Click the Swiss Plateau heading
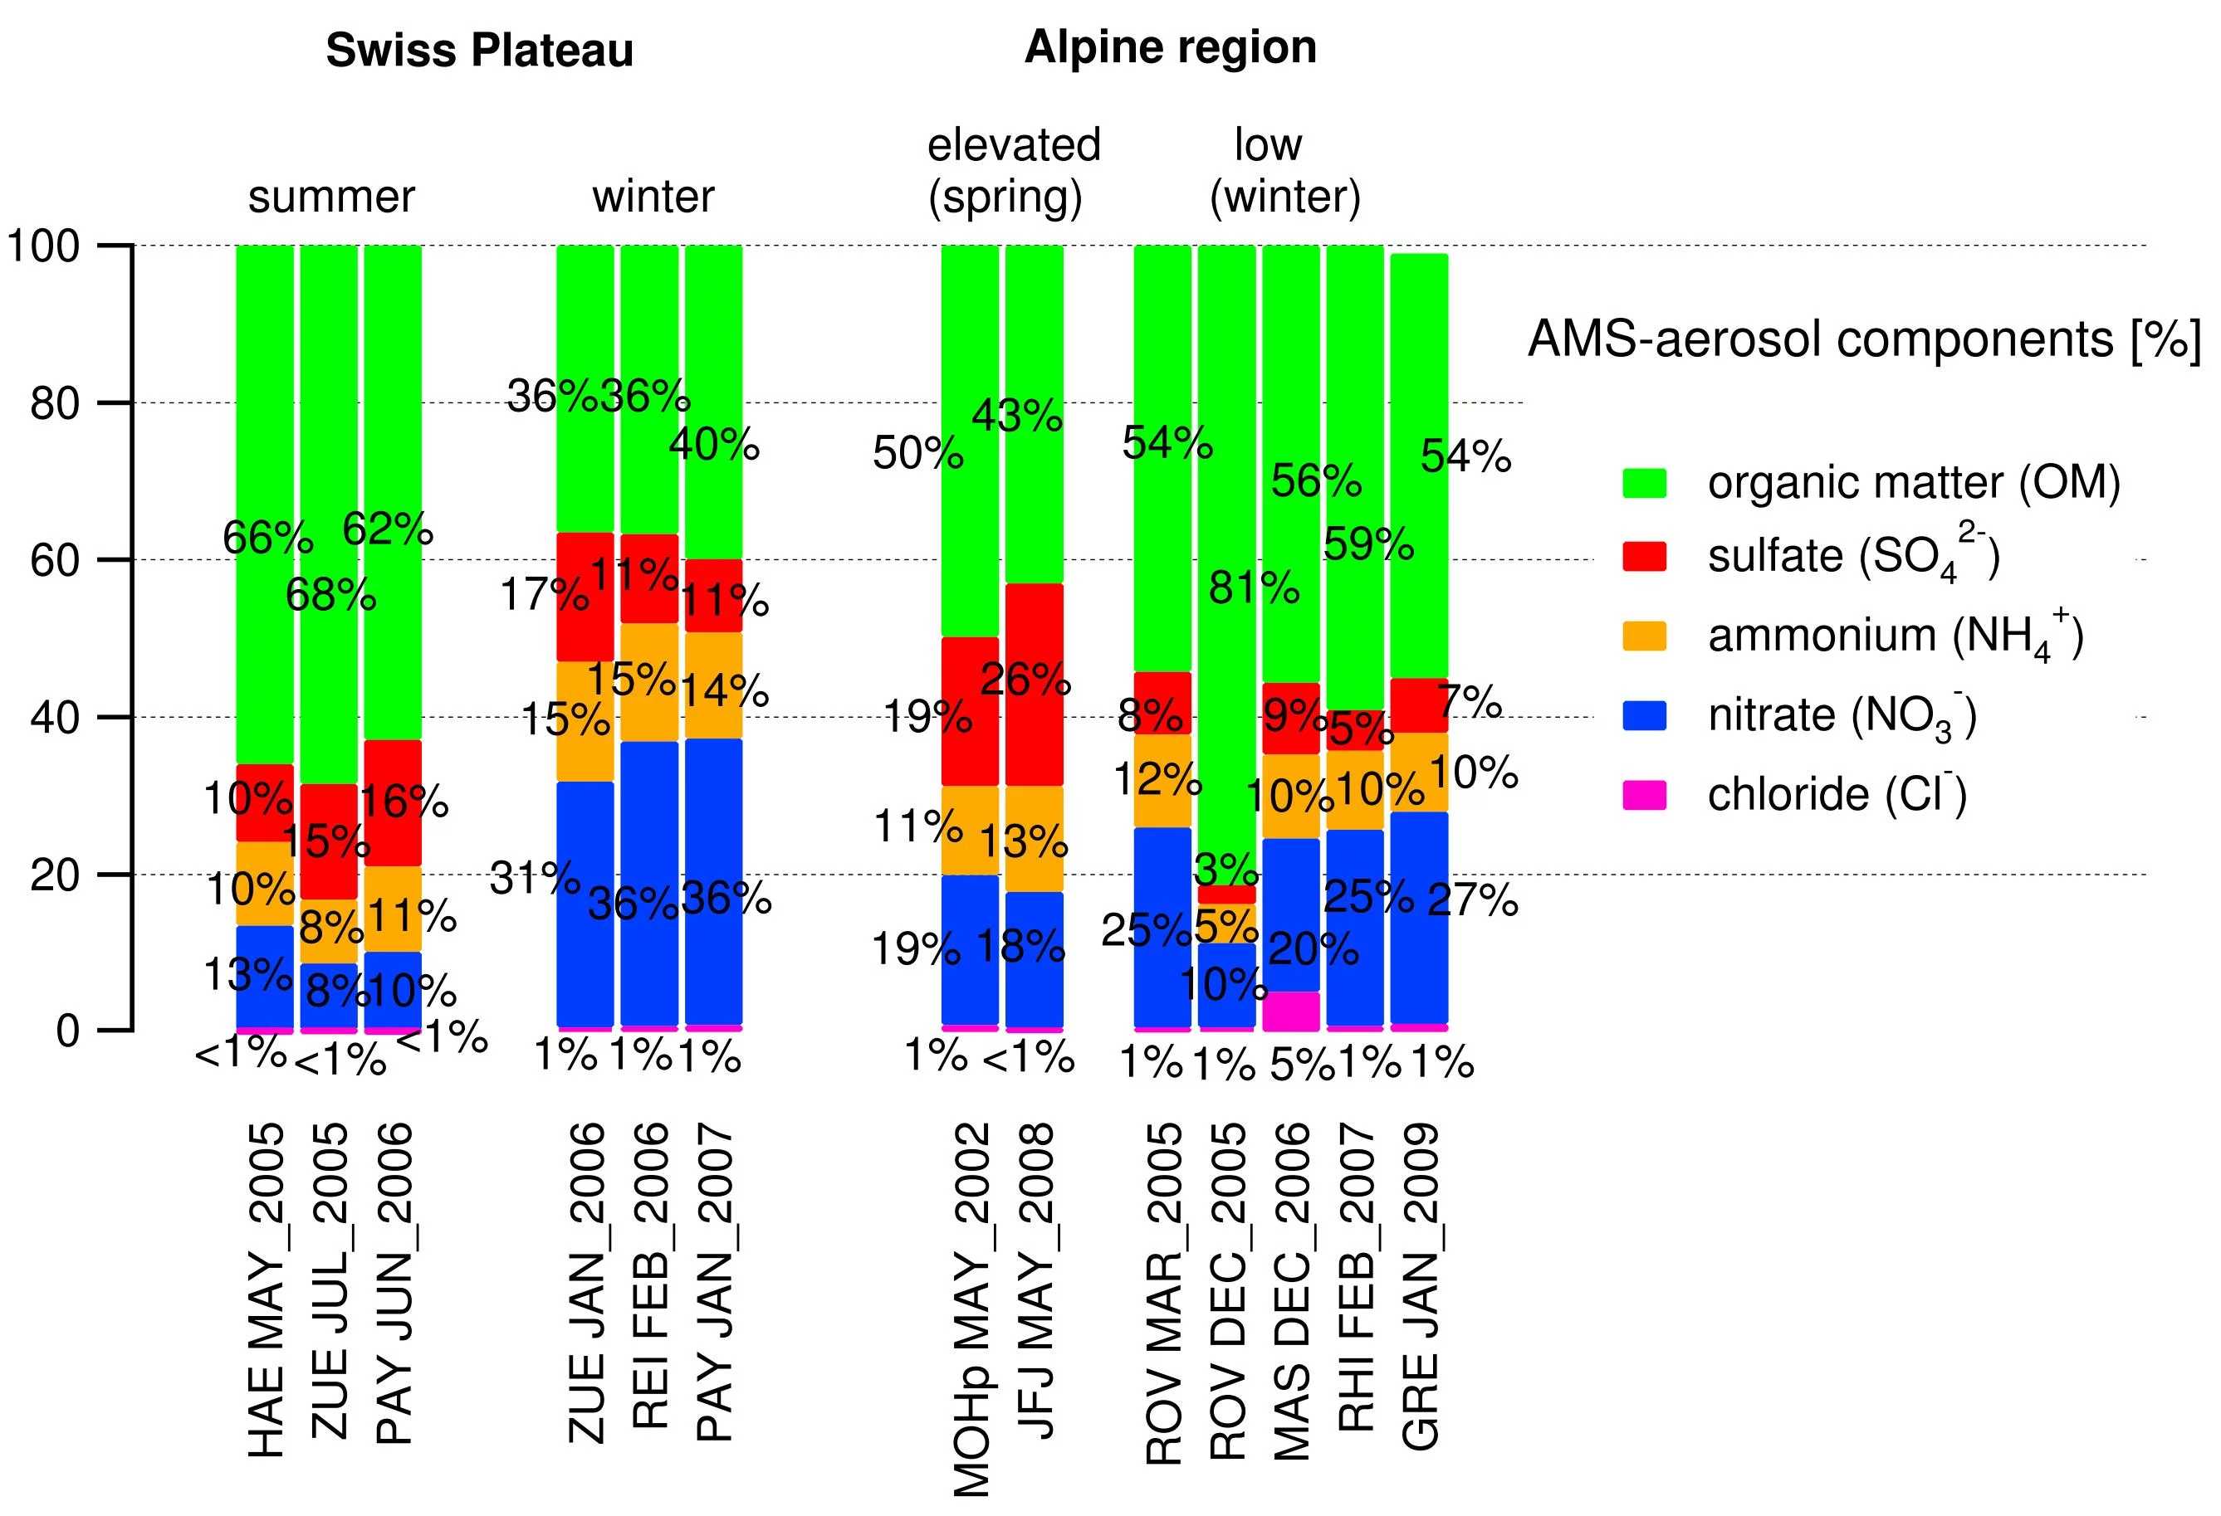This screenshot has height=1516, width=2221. (479, 51)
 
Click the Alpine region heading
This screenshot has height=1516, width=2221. (1170, 46)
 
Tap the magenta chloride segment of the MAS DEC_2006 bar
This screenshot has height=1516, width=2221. (1290, 1011)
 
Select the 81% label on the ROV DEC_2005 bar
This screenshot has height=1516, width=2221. (1253, 587)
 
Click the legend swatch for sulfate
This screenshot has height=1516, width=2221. (1644, 556)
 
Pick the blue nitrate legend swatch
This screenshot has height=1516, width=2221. (1644, 715)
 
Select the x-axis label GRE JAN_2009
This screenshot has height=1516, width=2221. (1420, 1284)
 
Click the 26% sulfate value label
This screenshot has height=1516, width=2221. (1025, 680)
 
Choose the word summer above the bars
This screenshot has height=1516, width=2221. (330, 197)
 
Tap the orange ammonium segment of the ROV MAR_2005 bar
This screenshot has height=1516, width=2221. (1162, 781)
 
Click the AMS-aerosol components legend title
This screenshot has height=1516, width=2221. (1864, 340)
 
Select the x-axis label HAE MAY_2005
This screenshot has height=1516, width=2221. (266, 1289)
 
